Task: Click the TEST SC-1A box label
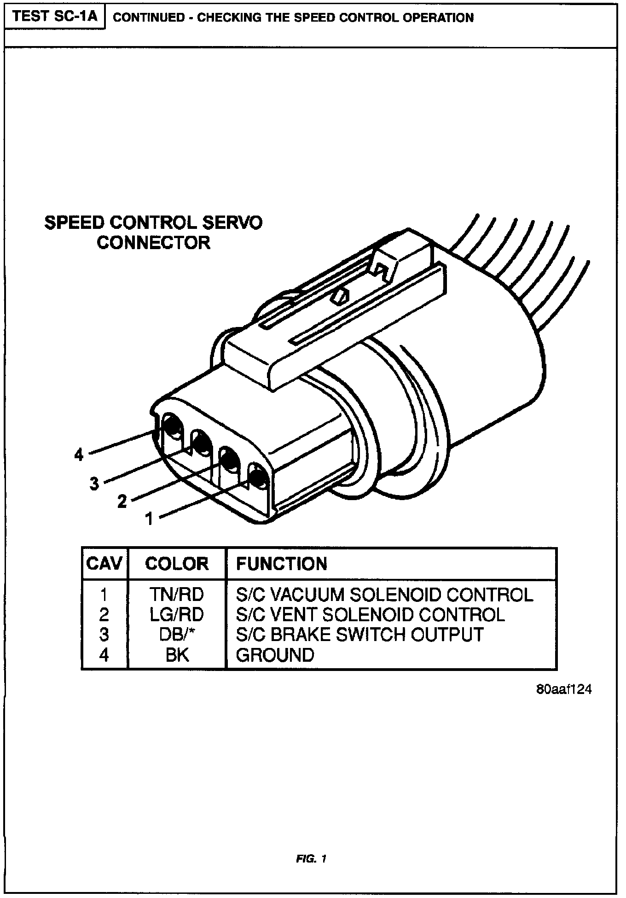click(55, 17)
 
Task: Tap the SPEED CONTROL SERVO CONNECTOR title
click(153, 233)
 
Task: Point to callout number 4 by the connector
click(79, 455)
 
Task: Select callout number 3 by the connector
click(94, 484)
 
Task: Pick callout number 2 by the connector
click(122, 501)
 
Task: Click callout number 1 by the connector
click(149, 519)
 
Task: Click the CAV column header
click(104, 564)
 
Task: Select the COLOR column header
click(177, 564)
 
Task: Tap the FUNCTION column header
click(281, 564)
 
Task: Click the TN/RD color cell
click(176, 595)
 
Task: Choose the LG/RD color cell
click(176, 615)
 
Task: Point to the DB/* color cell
click(176, 635)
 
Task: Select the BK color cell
click(177, 654)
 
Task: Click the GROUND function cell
click(275, 654)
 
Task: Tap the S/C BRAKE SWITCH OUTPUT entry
click(359, 635)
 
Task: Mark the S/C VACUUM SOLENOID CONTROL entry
click(384, 595)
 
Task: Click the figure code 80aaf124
click(563, 689)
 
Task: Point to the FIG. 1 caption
click(313, 859)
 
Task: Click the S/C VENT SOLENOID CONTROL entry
click(371, 615)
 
